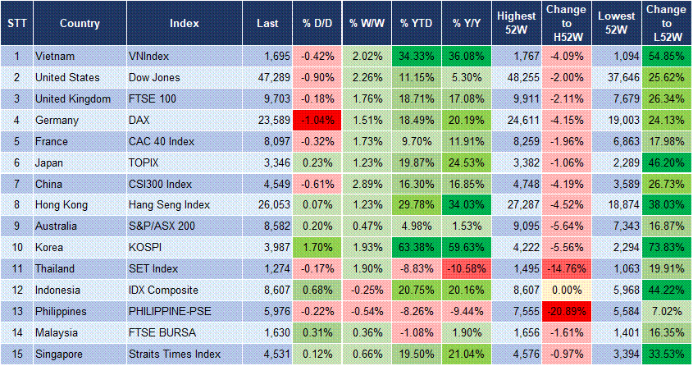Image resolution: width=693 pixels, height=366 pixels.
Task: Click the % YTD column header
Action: click(416, 22)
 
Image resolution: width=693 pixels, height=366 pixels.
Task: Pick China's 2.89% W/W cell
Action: click(366, 185)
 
